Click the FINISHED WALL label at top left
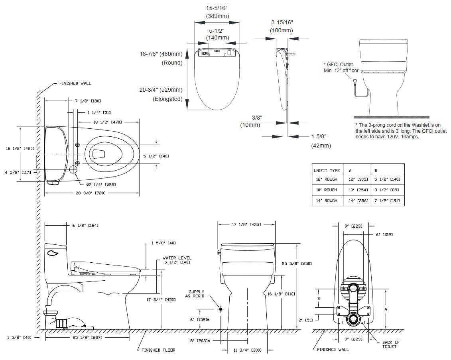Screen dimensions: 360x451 pos(75,83)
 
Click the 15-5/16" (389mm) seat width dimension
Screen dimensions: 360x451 pos(217,12)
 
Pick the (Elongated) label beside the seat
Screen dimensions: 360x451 pos(167,99)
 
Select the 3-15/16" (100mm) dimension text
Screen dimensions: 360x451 pos(282,26)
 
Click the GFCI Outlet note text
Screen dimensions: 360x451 pos(341,67)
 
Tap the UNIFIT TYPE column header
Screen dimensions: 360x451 pos(327,171)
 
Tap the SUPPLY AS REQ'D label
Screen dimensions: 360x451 pos(196,294)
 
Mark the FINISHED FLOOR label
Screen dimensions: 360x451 pos(158,350)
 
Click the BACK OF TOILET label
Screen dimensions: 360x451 pos(390,344)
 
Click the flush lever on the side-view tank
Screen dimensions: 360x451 pos(52,252)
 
